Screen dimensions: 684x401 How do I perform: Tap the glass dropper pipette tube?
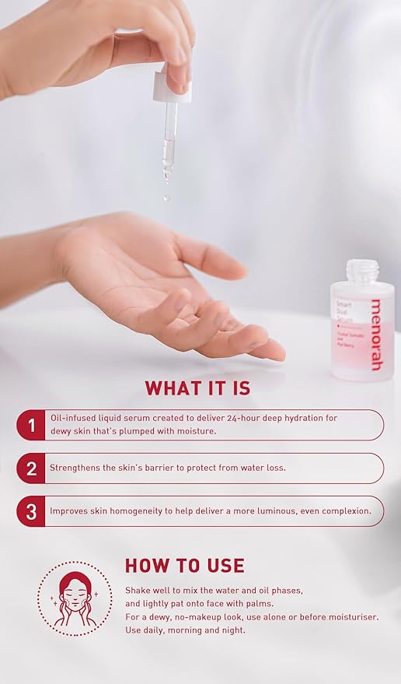point(169,136)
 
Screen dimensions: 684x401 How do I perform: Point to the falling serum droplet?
point(166,198)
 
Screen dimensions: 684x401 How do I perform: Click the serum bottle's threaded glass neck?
point(362,272)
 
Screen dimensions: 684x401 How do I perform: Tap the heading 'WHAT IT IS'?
point(197,388)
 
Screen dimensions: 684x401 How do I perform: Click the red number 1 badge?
point(32,425)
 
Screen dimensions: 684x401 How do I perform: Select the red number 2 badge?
point(32,468)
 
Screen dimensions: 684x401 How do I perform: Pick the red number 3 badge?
point(32,511)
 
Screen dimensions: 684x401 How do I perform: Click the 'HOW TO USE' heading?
point(185,566)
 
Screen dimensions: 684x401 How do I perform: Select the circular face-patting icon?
point(75,599)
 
